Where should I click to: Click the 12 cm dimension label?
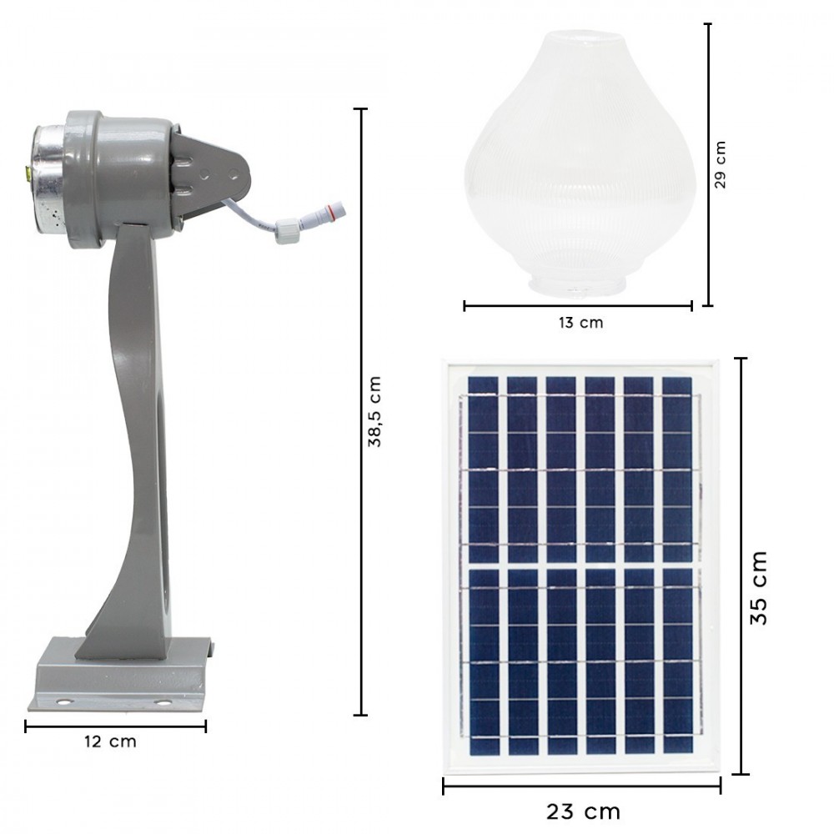point(110,741)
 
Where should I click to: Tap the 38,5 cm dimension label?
point(376,411)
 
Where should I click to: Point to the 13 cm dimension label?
point(580,323)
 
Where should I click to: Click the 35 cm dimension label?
point(759,587)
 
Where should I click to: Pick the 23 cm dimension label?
point(584,811)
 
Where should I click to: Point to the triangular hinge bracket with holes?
point(214,173)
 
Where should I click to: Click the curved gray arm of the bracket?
point(133,434)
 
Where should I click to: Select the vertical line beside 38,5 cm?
point(361,411)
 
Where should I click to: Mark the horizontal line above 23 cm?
point(581,786)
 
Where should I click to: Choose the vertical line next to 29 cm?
point(707,164)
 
